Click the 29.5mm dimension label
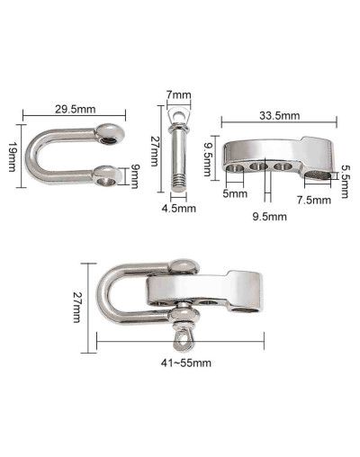75,109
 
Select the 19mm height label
12,157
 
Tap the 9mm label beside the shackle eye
134,176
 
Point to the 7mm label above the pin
178,95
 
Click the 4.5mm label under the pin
179,209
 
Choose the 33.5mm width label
279,115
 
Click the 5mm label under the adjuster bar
235,193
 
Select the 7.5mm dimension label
314,200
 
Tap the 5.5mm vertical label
345,183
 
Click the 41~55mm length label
186,363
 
